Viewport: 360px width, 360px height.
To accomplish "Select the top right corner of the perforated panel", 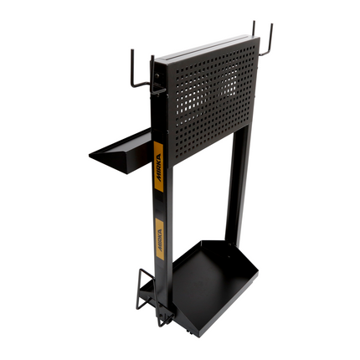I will coord(258,38).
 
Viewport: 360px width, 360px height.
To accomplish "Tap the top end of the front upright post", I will coord(152,60).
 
